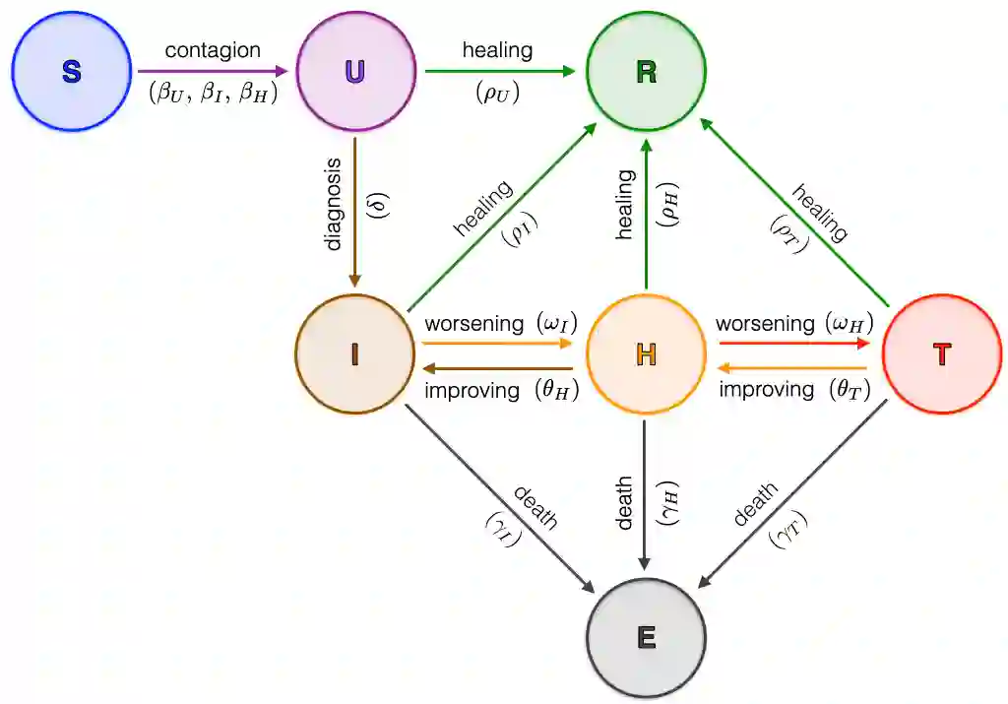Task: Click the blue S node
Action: point(71,72)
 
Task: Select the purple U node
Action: point(354,72)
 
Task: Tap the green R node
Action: point(646,72)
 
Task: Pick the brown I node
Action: point(354,353)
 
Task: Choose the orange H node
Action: point(646,353)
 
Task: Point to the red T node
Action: point(942,353)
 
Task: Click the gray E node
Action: point(646,637)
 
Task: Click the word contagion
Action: point(213,50)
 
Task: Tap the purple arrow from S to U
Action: point(213,72)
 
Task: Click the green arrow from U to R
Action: point(500,72)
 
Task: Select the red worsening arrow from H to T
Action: point(795,344)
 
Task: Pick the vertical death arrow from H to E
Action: point(646,492)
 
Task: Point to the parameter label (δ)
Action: point(377,205)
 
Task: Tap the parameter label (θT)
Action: point(848,390)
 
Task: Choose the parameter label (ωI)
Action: point(555,323)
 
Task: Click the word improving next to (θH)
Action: point(472,390)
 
